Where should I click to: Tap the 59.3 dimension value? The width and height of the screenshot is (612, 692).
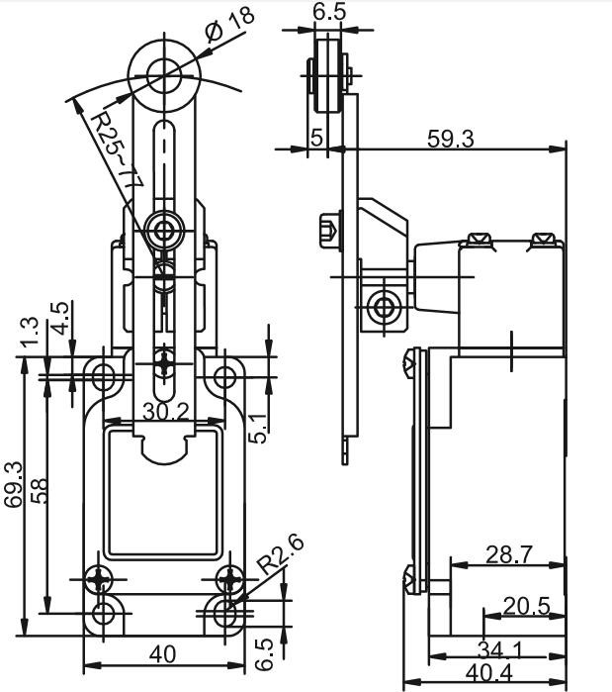[450, 139]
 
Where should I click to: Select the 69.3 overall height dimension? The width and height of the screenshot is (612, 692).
[12, 484]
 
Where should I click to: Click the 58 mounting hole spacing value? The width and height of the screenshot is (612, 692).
[39, 491]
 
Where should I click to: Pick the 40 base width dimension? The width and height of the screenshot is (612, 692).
[162, 654]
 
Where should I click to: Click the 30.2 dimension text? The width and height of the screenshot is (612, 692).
[166, 412]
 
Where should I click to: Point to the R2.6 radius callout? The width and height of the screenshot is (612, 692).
[281, 553]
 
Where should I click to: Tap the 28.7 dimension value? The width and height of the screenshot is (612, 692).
[509, 554]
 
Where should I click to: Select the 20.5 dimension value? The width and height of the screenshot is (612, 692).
[526, 606]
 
